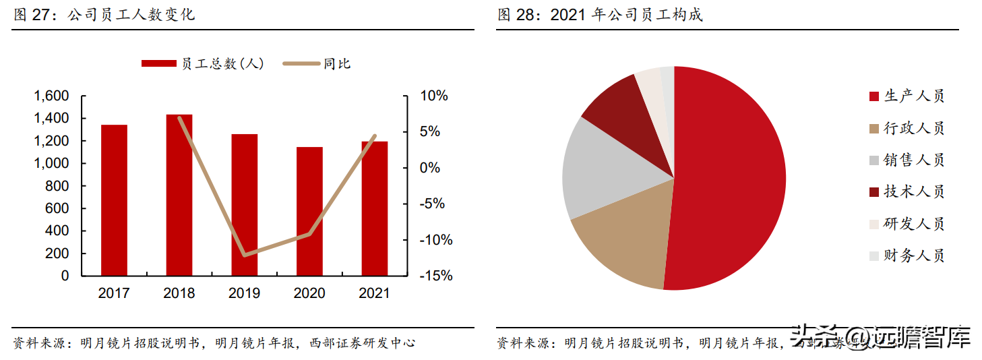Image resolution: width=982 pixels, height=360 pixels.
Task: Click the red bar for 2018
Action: (179, 195)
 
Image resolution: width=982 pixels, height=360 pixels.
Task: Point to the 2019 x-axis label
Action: (244, 293)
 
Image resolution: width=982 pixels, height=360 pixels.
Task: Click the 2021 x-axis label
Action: (374, 293)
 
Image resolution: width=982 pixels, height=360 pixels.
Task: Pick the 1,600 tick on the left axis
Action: (51, 96)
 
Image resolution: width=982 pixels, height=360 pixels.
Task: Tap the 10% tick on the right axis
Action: (434, 96)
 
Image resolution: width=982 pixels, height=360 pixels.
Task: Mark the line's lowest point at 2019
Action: (244, 255)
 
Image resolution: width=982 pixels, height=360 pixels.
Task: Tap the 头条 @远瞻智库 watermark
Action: (880, 335)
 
